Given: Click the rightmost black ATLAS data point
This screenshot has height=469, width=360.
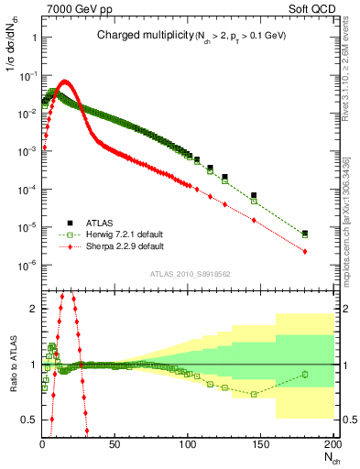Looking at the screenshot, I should [304, 234].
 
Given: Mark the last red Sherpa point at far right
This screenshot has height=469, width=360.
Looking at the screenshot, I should [304, 252].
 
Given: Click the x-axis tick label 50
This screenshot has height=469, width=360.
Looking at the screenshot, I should [115, 444].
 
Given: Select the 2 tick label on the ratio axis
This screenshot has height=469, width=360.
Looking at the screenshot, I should [33, 309].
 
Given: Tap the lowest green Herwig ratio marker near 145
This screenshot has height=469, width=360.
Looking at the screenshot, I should [254, 394].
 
